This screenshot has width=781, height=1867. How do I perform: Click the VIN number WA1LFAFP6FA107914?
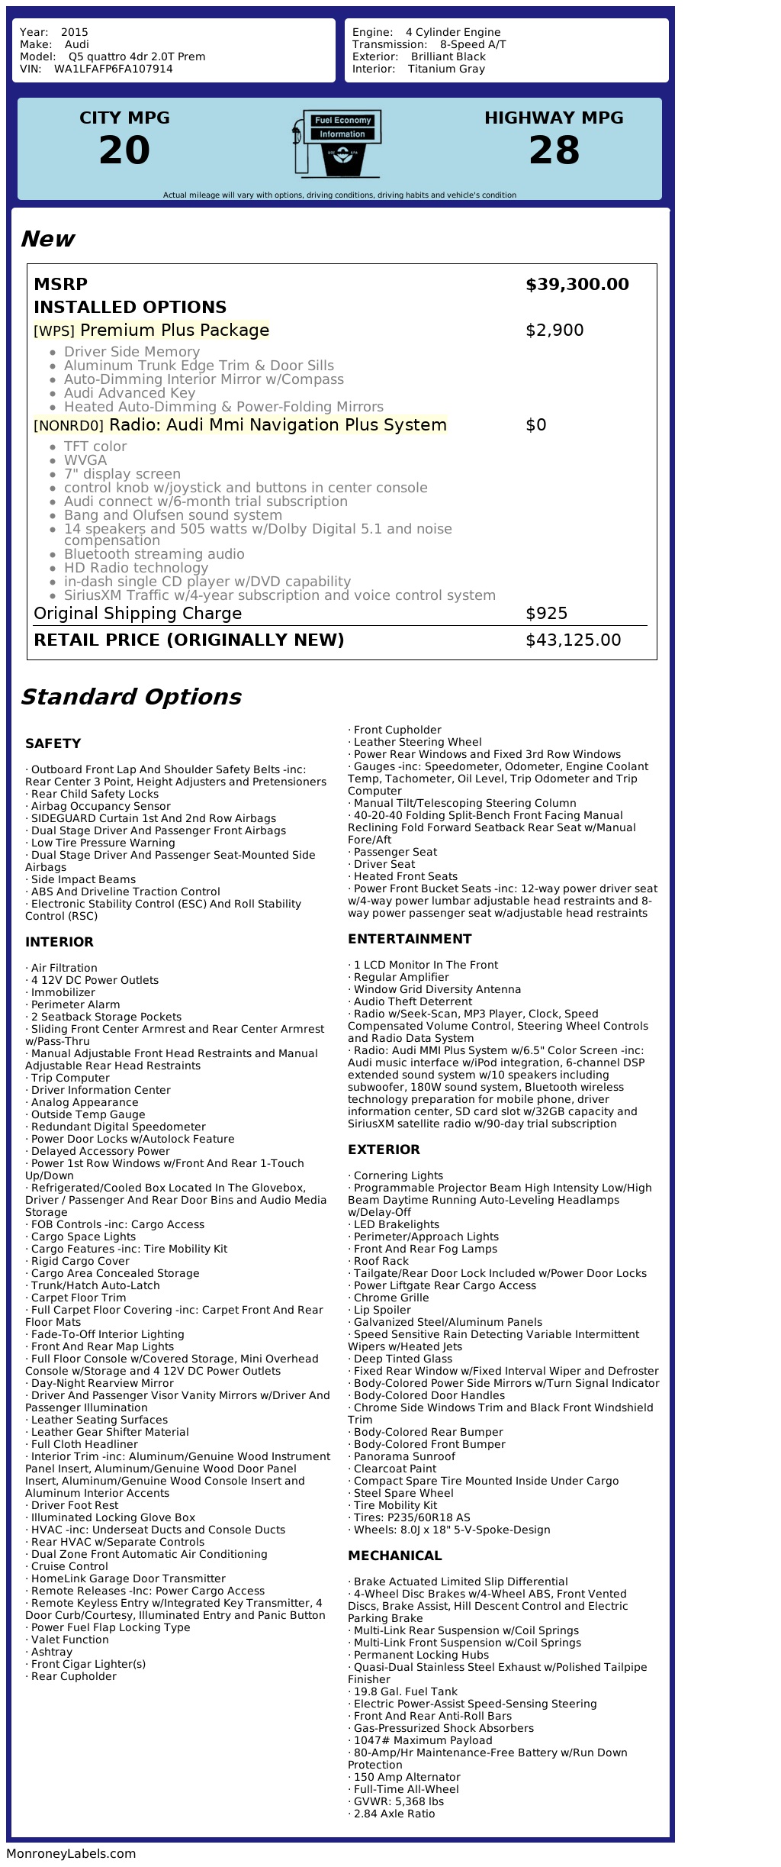click(x=113, y=69)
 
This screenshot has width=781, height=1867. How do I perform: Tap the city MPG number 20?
click(x=124, y=150)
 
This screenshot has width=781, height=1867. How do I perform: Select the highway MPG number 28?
click(x=554, y=150)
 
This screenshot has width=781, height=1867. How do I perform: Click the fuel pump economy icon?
click(x=336, y=143)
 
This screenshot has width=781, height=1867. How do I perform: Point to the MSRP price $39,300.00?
click(x=577, y=285)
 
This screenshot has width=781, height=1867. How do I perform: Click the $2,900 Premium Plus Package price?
click(x=554, y=331)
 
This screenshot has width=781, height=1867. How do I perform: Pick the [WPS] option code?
click(x=54, y=331)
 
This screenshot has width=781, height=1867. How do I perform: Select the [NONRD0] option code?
click(x=69, y=426)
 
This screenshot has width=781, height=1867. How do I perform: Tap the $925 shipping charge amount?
click(x=546, y=614)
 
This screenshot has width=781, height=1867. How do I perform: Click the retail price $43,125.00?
click(x=573, y=640)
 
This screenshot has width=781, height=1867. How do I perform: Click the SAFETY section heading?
click(x=53, y=743)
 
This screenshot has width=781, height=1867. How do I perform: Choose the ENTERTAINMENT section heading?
click(x=410, y=939)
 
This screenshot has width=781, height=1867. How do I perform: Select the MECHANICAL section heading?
click(x=394, y=1556)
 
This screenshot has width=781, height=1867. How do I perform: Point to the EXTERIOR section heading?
click(x=384, y=1150)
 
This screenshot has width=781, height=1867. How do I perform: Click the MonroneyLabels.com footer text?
click(x=71, y=1853)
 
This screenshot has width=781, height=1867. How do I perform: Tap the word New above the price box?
click(x=47, y=239)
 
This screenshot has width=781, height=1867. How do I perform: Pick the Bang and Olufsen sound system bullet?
click(x=173, y=515)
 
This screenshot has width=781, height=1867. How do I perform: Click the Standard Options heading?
click(x=130, y=697)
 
